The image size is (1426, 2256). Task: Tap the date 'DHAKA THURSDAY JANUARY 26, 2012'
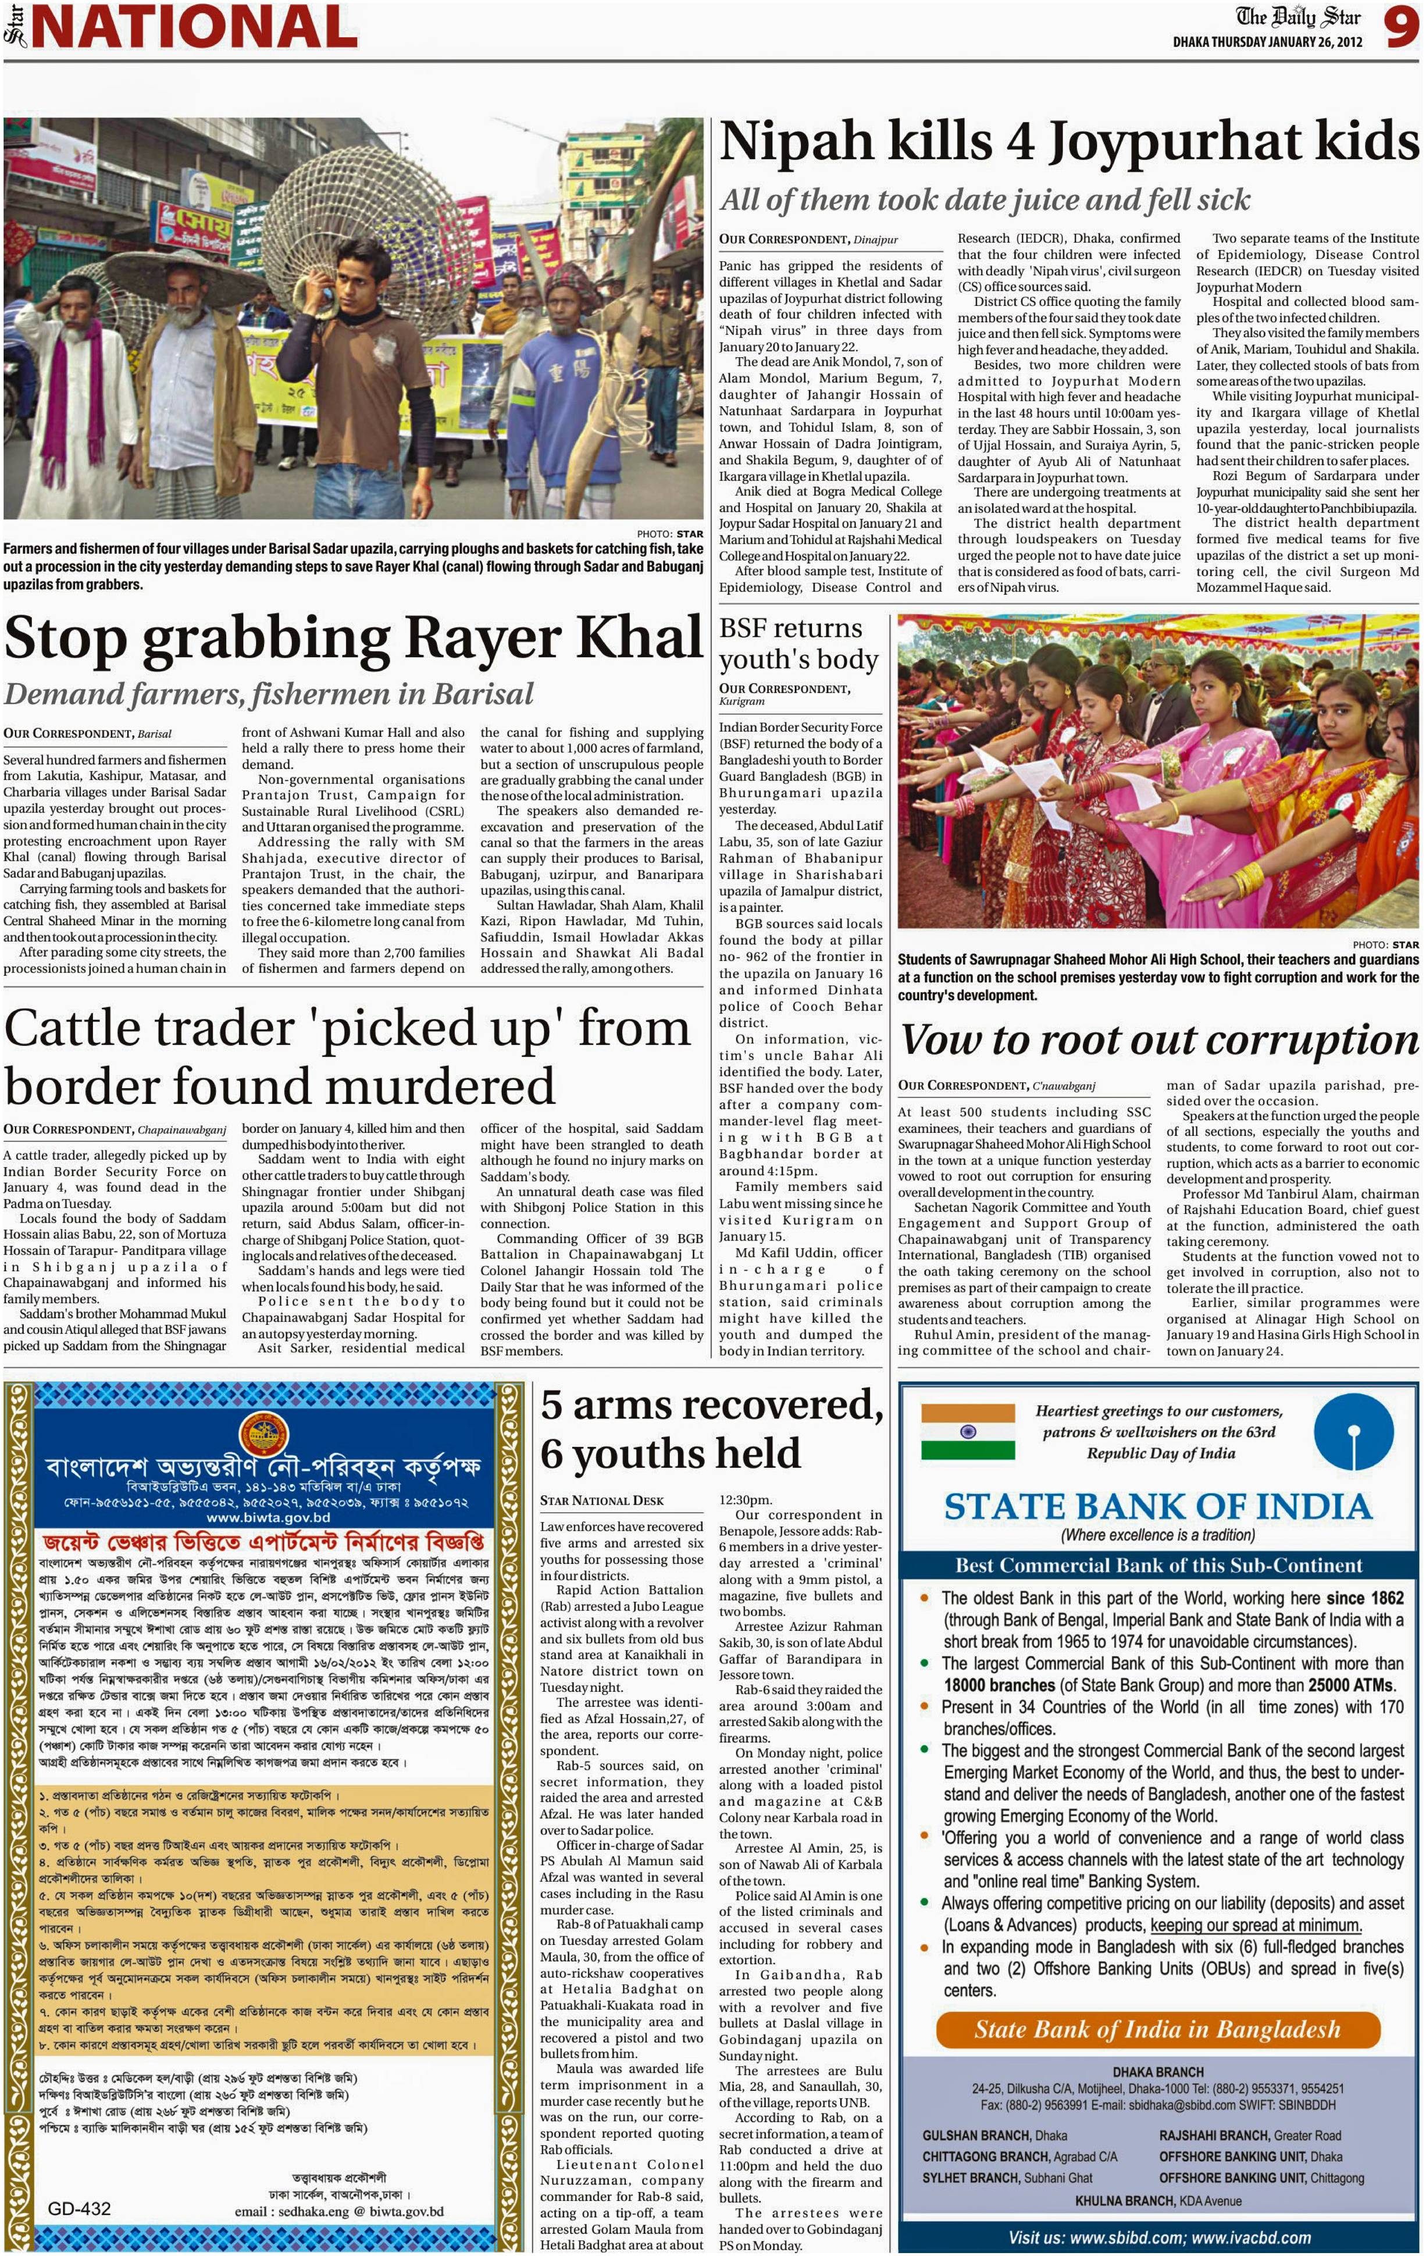click(x=1267, y=42)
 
